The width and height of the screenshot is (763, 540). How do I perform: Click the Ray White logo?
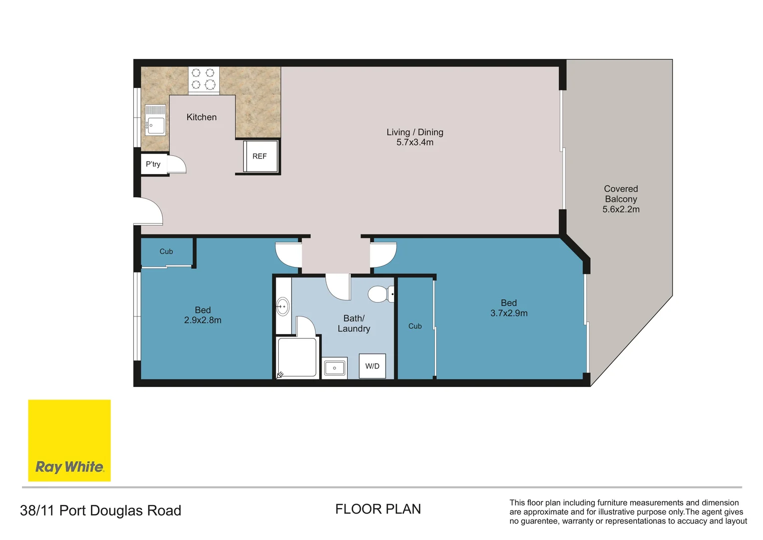(x=69, y=440)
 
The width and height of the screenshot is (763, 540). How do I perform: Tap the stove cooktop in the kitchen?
(x=204, y=79)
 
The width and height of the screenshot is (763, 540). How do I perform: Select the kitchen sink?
(x=155, y=120)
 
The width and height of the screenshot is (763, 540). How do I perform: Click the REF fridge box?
(x=260, y=156)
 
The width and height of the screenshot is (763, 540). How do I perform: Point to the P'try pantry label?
(x=153, y=164)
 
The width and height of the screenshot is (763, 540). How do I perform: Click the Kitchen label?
(x=201, y=117)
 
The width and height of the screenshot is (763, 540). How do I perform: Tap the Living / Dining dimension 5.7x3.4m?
(x=414, y=142)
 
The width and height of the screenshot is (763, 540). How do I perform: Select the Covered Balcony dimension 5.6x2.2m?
(x=621, y=209)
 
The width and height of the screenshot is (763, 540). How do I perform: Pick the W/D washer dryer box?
(x=373, y=366)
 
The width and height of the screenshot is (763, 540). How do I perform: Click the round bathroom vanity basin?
(x=283, y=306)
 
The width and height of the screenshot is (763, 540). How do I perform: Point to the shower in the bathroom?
(x=297, y=357)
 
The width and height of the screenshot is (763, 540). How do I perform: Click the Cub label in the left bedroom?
(x=166, y=251)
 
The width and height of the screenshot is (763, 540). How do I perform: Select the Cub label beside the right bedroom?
(x=415, y=326)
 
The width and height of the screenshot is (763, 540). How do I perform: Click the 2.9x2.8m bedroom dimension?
(x=203, y=320)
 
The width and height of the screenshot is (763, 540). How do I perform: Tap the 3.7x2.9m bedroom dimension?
(x=509, y=313)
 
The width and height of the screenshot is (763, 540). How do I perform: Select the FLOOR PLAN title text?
(x=378, y=509)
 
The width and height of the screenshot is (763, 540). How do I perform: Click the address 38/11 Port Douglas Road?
(x=100, y=510)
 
